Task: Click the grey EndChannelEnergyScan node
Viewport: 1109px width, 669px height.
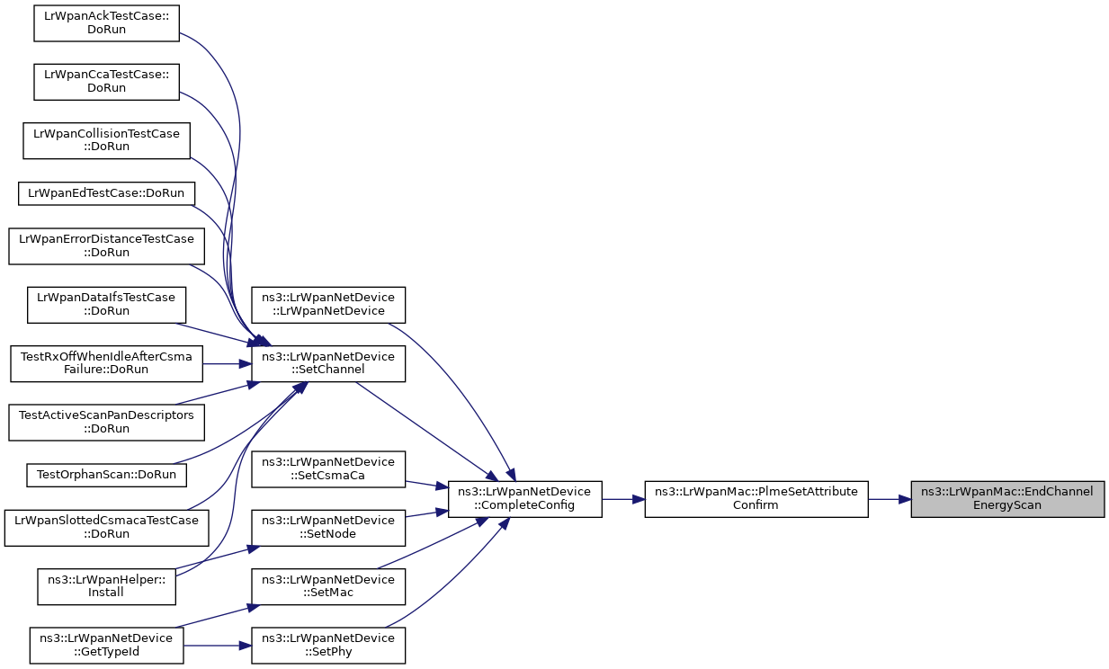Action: tap(1006, 498)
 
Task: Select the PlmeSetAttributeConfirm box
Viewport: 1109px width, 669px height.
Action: tap(756, 498)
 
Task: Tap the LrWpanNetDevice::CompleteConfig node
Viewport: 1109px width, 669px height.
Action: tap(524, 498)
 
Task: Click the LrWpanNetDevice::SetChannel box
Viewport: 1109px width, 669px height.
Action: tap(327, 363)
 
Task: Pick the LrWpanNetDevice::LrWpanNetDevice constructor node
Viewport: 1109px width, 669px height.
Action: tap(327, 304)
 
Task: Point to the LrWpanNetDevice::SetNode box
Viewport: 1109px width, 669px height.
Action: tap(327, 527)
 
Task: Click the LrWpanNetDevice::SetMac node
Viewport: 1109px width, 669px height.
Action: tap(327, 586)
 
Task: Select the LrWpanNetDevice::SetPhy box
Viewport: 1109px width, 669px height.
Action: tap(327, 645)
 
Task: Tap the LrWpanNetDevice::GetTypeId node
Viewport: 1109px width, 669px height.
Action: tap(107, 645)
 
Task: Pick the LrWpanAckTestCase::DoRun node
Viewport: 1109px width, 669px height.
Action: tap(107, 22)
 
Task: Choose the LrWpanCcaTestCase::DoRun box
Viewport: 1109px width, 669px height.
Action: tap(107, 82)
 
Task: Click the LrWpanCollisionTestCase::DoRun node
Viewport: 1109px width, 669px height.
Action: tap(107, 140)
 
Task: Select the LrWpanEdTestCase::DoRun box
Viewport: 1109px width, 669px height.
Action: tap(107, 192)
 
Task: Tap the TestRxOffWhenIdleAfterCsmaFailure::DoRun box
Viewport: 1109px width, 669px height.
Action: tap(107, 363)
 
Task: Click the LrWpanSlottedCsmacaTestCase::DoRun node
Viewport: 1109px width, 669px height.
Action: tap(107, 527)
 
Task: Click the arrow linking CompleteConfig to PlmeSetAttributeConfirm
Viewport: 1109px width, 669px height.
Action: tap(623, 498)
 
